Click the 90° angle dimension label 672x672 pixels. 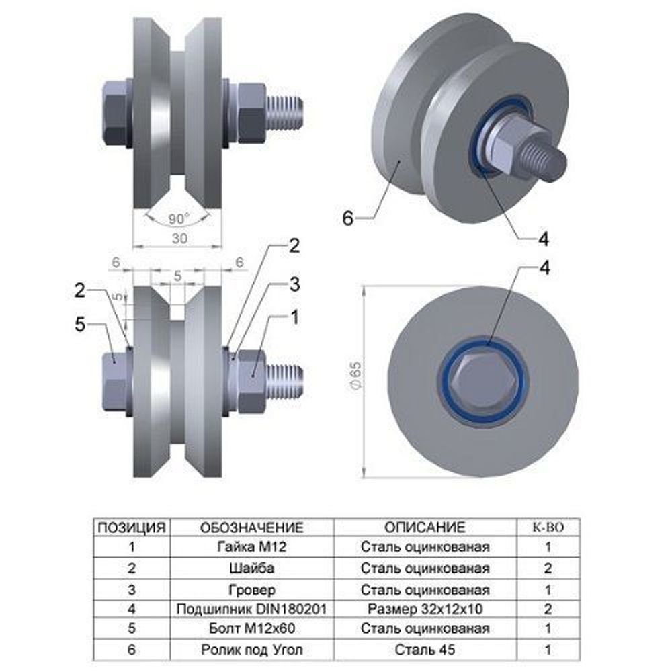(178, 219)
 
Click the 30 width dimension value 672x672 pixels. (179, 239)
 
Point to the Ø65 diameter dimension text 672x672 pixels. (356, 376)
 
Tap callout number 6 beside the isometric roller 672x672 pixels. (347, 218)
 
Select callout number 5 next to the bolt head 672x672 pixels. (80, 325)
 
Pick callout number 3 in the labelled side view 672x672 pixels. (294, 284)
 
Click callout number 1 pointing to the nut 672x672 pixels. (294, 318)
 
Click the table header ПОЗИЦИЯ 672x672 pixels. (132, 528)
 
